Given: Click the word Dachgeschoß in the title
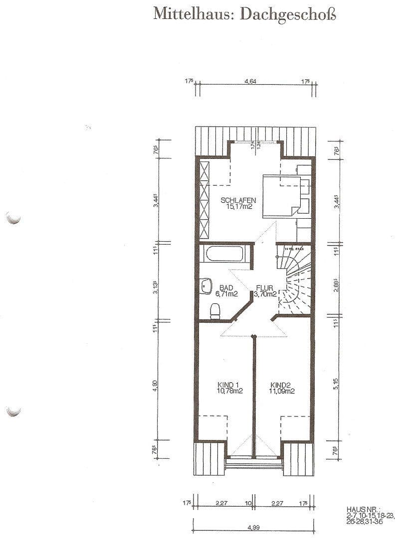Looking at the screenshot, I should pos(288,14).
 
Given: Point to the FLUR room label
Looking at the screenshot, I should pos(265,287).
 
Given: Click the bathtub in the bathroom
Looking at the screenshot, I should pos(224,254).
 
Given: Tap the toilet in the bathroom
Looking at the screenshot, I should pos(215,311).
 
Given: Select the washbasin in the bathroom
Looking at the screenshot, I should pos(205,285).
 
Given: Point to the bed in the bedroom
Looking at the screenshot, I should pos(282,196).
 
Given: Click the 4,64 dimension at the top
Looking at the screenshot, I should pos(250,82).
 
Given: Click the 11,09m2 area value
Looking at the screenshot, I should pos(282,391).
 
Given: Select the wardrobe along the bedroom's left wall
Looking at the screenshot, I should pos(203,199).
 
